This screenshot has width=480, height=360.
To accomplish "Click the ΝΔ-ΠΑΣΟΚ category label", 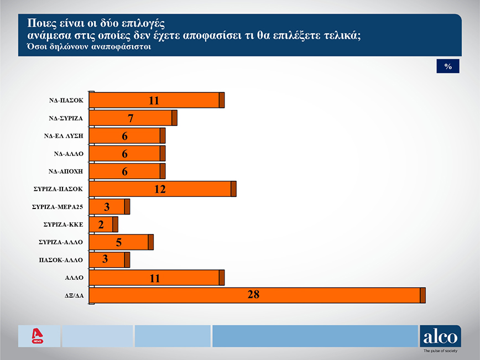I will pos(65,101).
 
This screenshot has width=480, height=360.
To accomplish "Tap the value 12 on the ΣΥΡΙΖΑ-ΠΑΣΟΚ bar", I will pos(160,189).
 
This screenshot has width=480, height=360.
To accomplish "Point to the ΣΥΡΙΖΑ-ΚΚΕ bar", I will pos(103,225).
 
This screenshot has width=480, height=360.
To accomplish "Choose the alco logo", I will pos(440,336).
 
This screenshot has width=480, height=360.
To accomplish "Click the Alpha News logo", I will pos(38,336).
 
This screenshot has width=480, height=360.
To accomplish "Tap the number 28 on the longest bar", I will pos(253,295).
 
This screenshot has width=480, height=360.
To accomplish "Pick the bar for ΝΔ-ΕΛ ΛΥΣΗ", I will pos(127,136).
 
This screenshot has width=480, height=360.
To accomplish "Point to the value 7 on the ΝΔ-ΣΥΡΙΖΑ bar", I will pos(131,118).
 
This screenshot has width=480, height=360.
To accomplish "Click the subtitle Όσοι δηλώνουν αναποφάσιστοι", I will pos(85,47).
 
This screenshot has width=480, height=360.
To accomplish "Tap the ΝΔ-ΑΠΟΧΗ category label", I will pos(65,171).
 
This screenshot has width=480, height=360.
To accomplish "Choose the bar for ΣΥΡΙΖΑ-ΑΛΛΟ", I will pos(121,242).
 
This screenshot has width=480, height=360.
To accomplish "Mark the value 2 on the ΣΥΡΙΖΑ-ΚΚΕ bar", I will pos(101,225).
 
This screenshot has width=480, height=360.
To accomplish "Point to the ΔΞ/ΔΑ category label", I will pos(74,295).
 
